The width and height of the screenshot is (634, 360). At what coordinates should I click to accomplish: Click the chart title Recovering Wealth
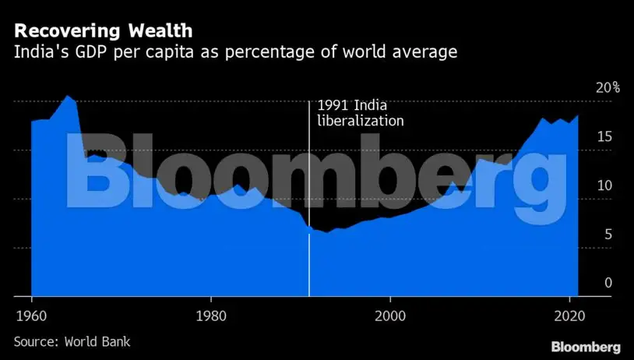pyautogui.click(x=104, y=31)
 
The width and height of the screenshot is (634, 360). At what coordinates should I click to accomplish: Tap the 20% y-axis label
pyautogui.click(x=607, y=87)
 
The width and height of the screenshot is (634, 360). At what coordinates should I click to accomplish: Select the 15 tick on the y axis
pyautogui.click(x=604, y=137)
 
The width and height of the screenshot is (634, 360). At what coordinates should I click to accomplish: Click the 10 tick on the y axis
pyautogui.click(x=604, y=186)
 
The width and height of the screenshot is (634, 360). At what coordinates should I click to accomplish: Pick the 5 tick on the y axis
pyautogui.click(x=608, y=235)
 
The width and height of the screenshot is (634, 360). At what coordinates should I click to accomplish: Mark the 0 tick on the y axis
pyautogui.click(x=608, y=284)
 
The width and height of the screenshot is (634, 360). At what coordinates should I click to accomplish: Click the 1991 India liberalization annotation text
pyautogui.click(x=360, y=113)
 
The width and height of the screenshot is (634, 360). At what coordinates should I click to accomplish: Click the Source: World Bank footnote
pyautogui.click(x=72, y=341)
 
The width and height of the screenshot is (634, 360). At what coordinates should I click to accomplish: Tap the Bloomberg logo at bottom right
pyautogui.click(x=585, y=346)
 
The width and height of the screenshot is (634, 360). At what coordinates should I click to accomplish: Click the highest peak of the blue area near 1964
pyautogui.click(x=68, y=96)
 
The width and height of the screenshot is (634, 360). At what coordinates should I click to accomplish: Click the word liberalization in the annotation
pyautogui.click(x=361, y=121)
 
